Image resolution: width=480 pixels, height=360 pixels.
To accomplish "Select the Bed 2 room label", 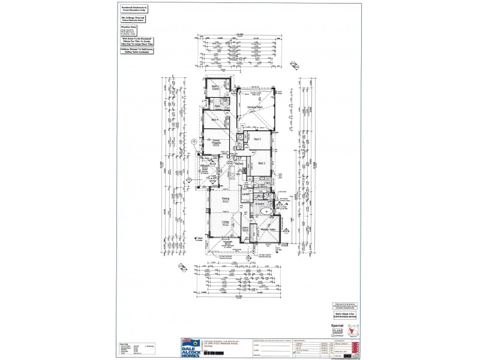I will click(x=262, y=163).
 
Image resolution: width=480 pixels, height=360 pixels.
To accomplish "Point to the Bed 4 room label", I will click(x=212, y=119).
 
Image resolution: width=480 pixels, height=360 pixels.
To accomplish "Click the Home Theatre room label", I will click(x=215, y=142).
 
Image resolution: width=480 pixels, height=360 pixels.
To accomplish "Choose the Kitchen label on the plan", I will click(x=238, y=163).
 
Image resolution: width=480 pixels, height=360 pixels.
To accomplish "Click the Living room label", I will click(x=226, y=223).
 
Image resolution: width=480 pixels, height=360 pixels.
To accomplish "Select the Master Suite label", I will click(x=266, y=230).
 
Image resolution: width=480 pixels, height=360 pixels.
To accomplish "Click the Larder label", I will click(x=245, y=194).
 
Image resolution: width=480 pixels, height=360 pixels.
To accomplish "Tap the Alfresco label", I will click(x=212, y=166).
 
